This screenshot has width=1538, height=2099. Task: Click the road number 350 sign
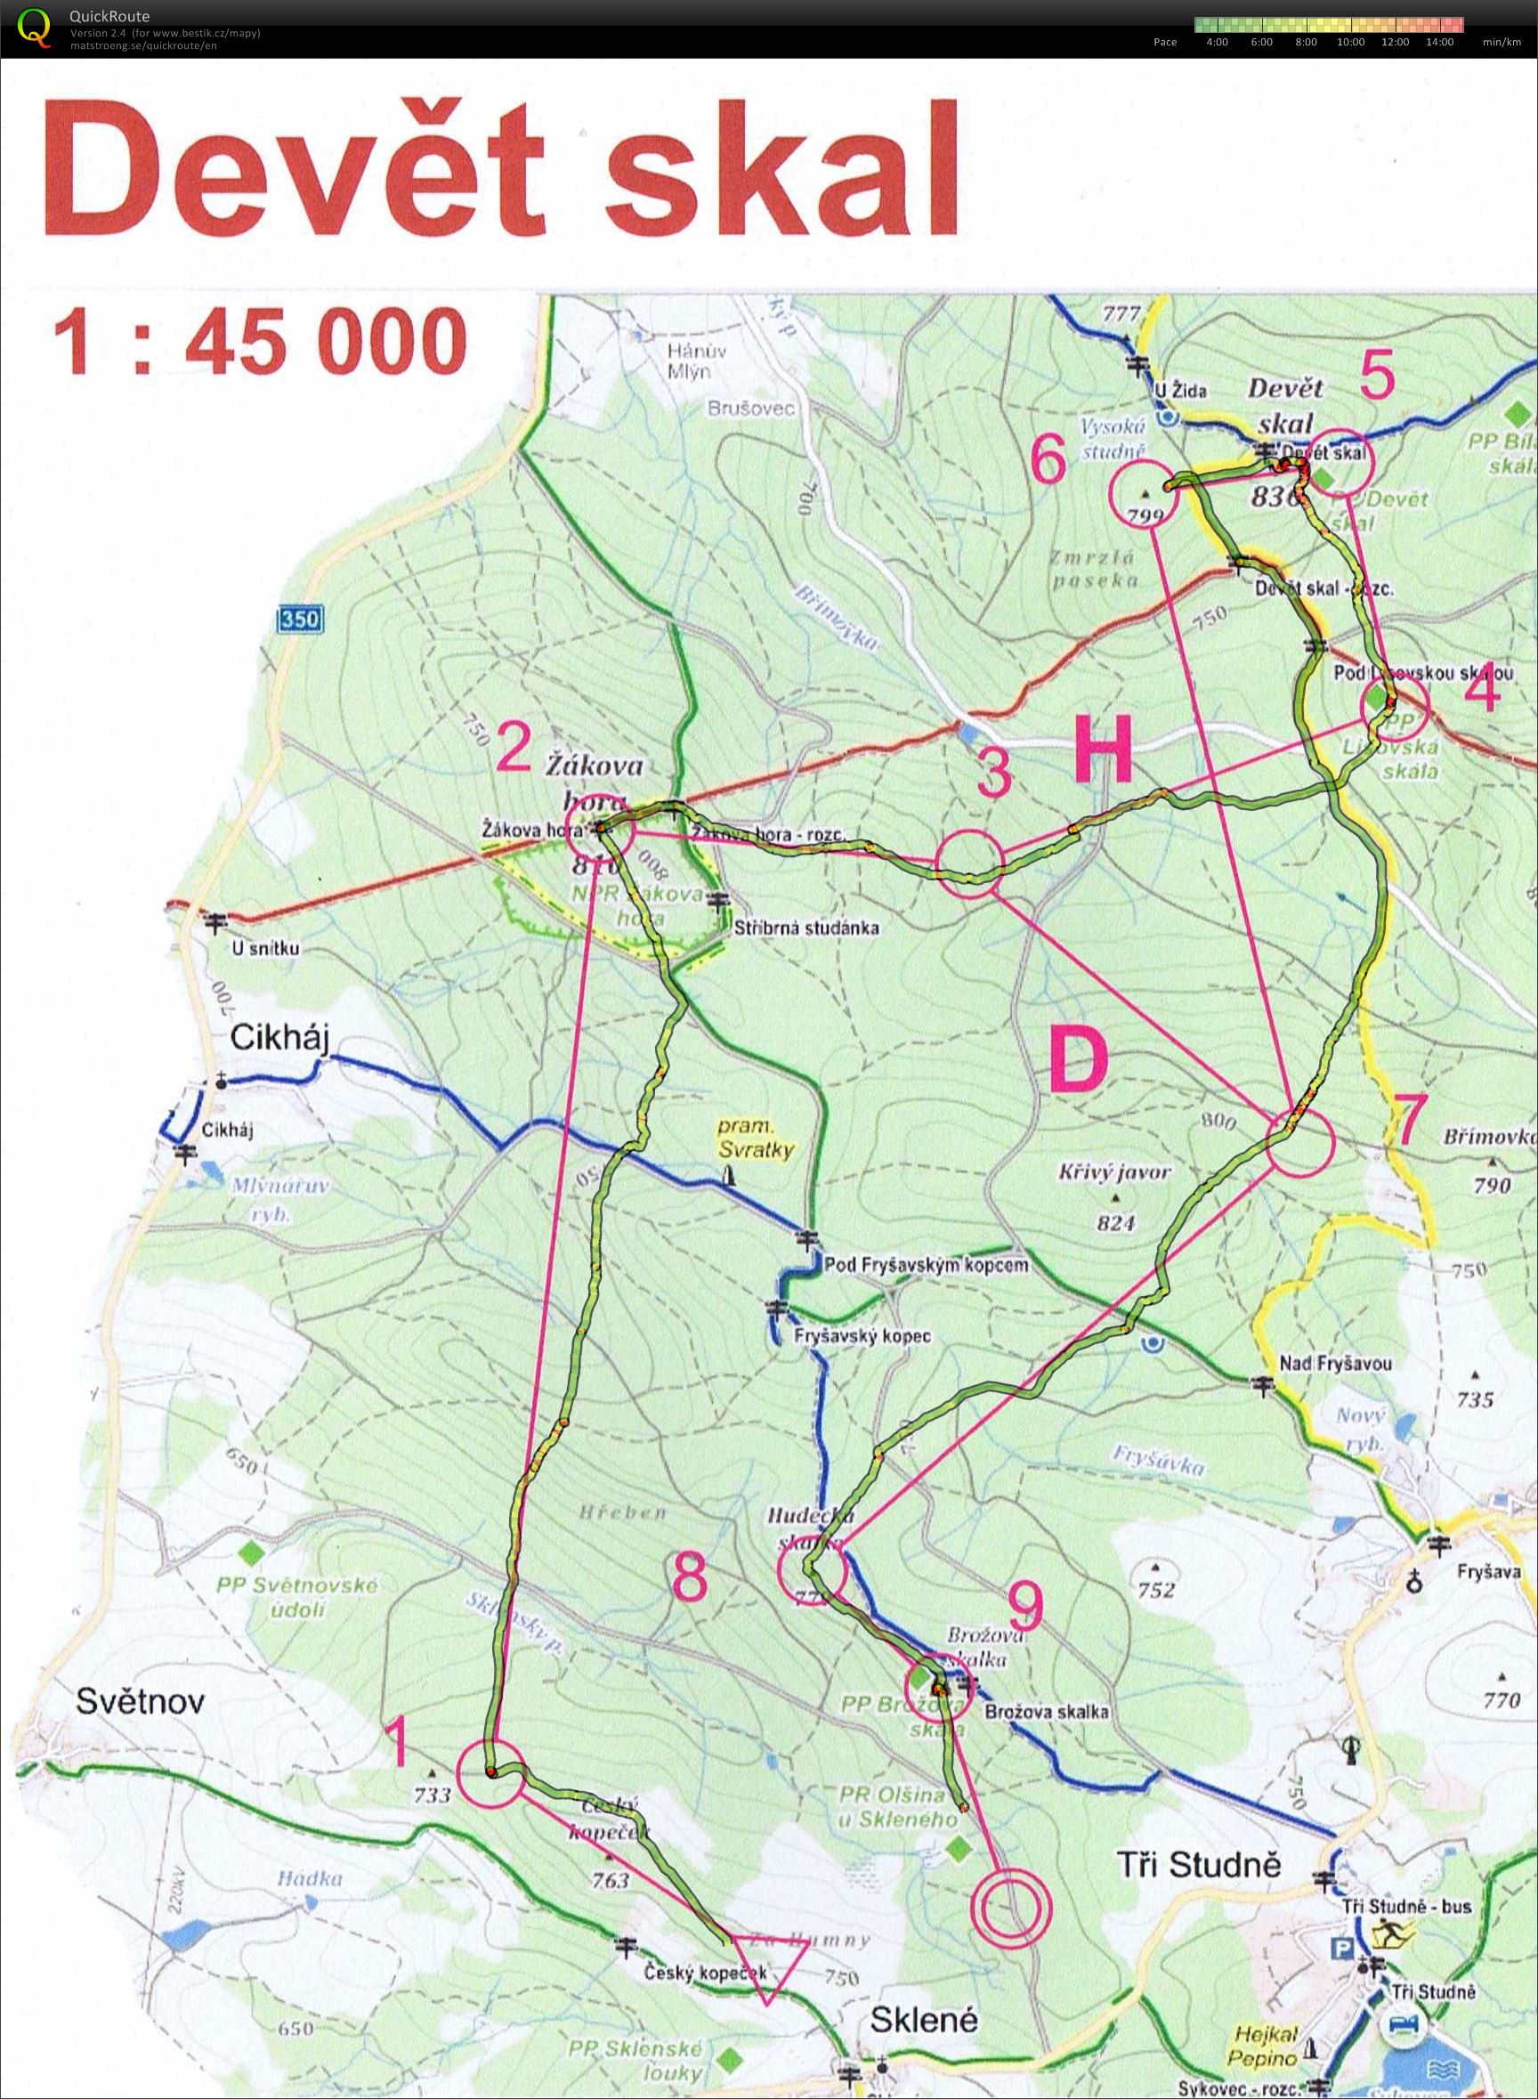pos(300,620)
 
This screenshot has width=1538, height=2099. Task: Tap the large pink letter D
pos(1080,1061)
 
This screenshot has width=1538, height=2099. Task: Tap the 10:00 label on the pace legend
pos(1350,42)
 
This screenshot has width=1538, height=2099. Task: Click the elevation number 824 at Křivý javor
pos(1115,1222)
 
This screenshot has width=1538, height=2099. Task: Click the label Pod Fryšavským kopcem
pos(927,1266)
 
